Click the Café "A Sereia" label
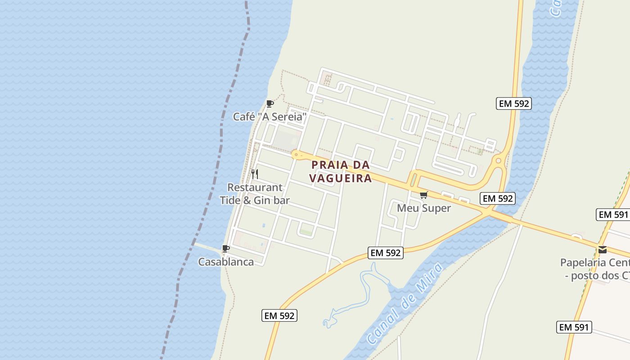pyautogui.click(x=270, y=117)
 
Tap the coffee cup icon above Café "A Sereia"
pyautogui.click(x=270, y=104)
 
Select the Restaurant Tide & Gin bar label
pyautogui.click(x=255, y=194)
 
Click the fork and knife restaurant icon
pyautogui.click(x=255, y=174)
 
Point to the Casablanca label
pyautogui.click(x=226, y=262)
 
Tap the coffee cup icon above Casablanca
pyautogui.click(x=226, y=249)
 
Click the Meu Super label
pyautogui.click(x=423, y=208)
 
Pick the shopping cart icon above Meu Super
pyautogui.click(x=423, y=195)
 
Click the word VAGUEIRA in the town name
pyautogui.click(x=341, y=178)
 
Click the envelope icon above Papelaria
pyautogui.click(x=603, y=250)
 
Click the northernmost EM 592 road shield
pyautogui.click(x=514, y=103)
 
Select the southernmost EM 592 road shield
pyautogui.click(x=279, y=315)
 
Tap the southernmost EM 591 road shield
pyautogui.click(x=574, y=327)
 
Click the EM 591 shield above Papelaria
pyautogui.click(x=612, y=215)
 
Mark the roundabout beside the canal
pyautogui.click(x=498, y=161)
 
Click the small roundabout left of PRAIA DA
pyautogui.click(x=296, y=155)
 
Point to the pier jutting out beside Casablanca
pyautogui.click(x=207, y=247)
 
